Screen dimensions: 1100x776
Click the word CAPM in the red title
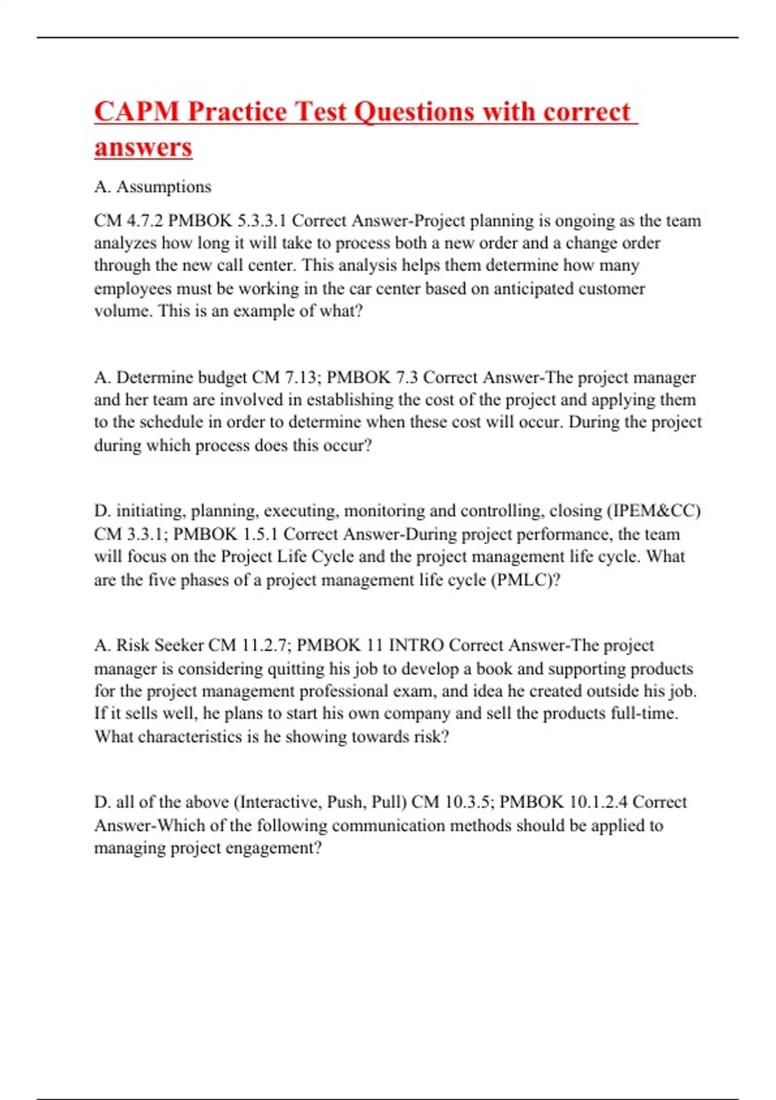[136, 111]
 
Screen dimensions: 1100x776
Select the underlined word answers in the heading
[143, 147]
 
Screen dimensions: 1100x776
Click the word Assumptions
[164, 187]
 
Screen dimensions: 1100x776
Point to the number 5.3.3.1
[261, 221]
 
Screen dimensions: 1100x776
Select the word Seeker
[179, 645]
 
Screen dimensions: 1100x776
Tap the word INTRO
[416, 645]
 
